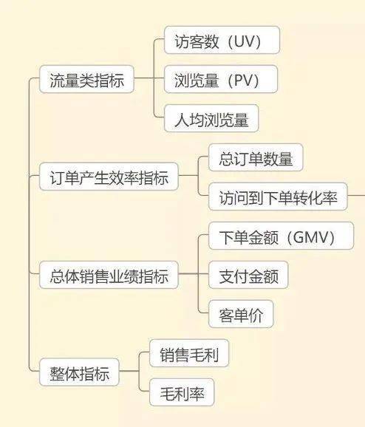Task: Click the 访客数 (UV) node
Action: click(x=222, y=40)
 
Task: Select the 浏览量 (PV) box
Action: click(x=221, y=79)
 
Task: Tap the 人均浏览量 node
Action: click(x=211, y=118)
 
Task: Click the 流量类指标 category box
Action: click(x=86, y=79)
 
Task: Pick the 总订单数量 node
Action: click(x=256, y=157)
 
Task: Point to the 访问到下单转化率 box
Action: click(x=278, y=197)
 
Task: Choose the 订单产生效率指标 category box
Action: click(x=109, y=177)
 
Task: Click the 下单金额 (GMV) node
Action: click(x=281, y=236)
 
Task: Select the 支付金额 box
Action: click(x=248, y=275)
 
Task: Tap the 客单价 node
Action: click(x=241, y=314)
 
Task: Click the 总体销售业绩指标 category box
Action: click(x=109, y=275)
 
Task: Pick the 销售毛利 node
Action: click(x=189, y=353)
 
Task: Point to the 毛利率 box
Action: click(x=182, y=392)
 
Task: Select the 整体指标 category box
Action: click(x=79, y=372)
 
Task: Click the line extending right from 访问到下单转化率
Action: click(x=356, y=196)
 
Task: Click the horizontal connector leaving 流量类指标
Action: click(x=144, y=78)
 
